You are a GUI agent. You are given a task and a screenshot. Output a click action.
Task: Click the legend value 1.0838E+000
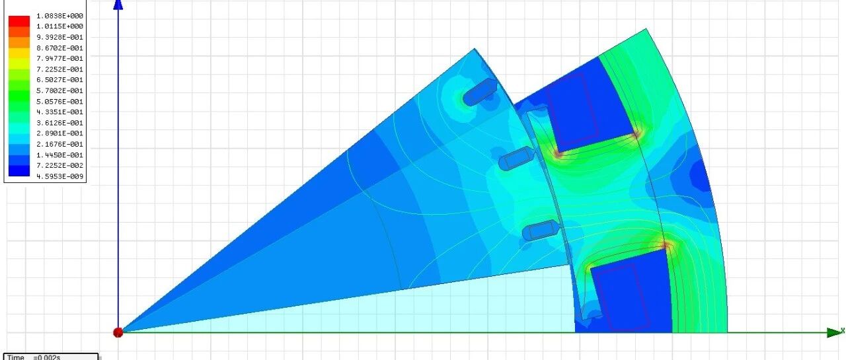(x=59, y=16)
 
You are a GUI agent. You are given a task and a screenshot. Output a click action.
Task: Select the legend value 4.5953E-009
(x=59, y=176)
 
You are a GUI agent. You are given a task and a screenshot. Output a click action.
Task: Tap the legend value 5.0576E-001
(x=59, y=102)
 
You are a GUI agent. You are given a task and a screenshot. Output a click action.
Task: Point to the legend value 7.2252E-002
(x=59, y=165)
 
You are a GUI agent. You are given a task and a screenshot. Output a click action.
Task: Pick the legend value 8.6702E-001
(x=59, y=48)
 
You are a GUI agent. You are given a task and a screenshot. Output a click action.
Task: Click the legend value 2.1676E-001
(x=59, y=144)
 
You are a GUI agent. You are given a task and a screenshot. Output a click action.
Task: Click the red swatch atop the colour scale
(x=19, y=20)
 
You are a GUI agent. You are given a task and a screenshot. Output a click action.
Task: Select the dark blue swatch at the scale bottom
(x=19, y=171)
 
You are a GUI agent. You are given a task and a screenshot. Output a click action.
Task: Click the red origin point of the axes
(x=118, y=332)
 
